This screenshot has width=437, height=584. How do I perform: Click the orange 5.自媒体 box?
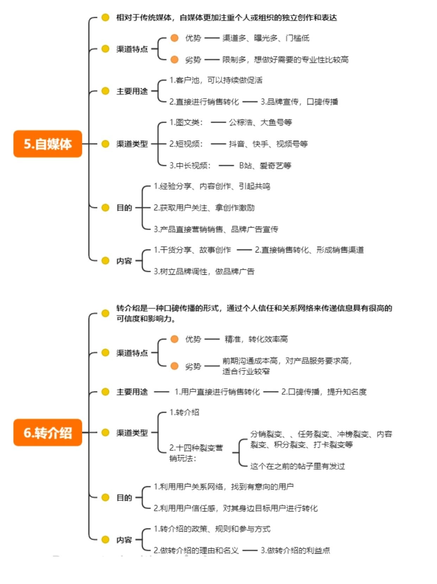(47, 144)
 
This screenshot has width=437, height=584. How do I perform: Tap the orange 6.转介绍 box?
(47, 432)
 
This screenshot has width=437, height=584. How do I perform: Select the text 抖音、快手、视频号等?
(268, 144)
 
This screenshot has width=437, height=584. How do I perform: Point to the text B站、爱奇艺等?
(265, 165)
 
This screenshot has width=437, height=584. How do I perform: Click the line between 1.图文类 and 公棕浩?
(218, 122)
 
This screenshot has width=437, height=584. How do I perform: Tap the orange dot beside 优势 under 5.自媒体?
(174, 38)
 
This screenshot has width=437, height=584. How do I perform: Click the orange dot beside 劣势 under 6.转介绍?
(174, 366)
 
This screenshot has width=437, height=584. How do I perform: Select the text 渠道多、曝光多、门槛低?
(266, 38)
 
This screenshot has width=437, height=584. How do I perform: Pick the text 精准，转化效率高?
(256, 339)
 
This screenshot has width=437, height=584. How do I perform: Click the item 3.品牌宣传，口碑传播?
(299, 102)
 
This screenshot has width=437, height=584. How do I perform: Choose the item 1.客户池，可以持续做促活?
(216, 80)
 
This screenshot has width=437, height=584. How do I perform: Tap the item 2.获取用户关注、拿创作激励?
(204, 208)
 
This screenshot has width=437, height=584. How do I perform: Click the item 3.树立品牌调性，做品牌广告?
(204, 271)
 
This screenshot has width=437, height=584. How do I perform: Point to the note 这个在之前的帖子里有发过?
(297, 466)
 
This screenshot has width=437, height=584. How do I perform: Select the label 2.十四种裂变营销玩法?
(196, 453)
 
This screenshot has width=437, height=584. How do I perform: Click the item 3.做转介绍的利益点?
(295, 550)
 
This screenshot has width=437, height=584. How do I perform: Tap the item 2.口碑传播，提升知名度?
(324, 392)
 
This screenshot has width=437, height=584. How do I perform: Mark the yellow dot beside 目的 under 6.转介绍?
(105, 497)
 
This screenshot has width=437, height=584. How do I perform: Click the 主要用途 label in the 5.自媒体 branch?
(132, 91)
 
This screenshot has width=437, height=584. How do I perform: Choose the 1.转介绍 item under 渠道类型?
(184, 412)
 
